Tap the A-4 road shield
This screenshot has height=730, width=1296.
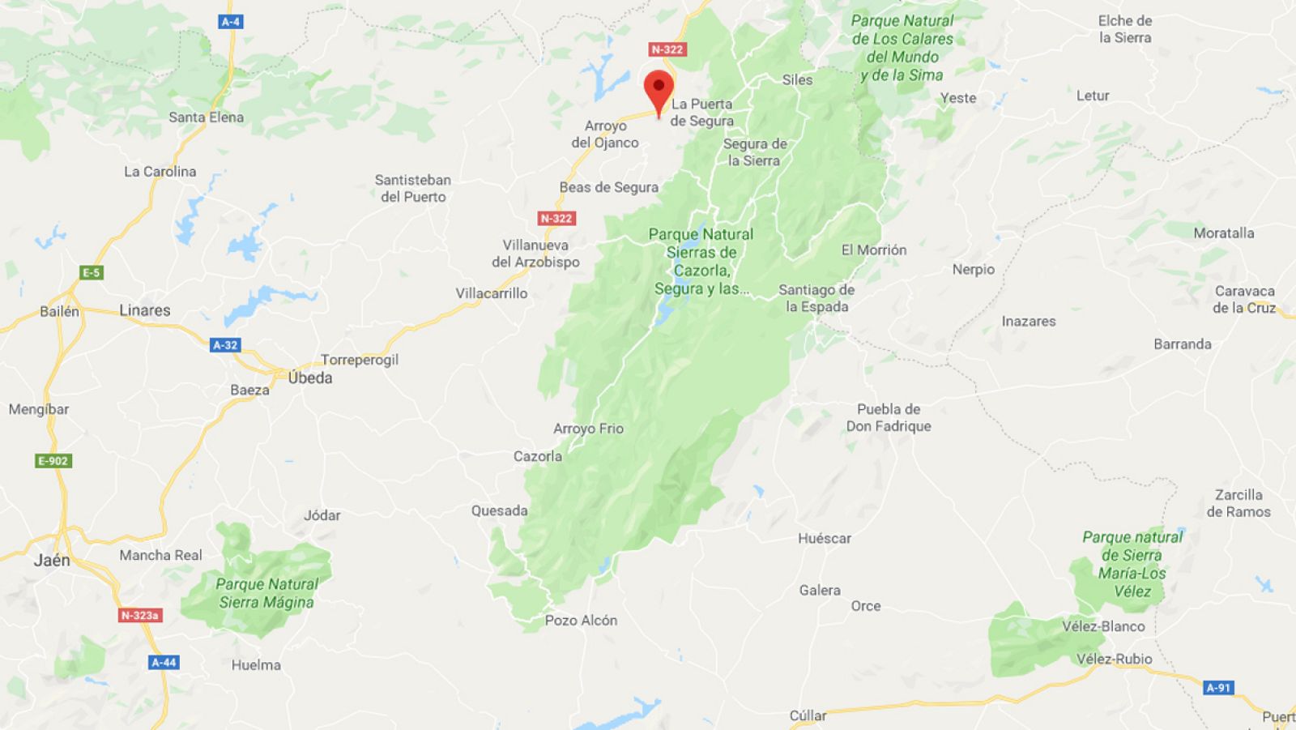coord(231,22)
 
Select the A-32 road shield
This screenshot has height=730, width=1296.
coord(225,345)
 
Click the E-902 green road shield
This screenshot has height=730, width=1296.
coord(53,461)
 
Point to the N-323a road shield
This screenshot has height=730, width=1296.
coord(140,616)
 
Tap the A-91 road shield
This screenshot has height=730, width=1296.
coord(1218,688)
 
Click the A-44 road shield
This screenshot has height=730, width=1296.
coord(164,662)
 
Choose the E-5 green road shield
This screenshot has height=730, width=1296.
coord(92,273)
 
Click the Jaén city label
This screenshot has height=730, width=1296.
coord(52,560)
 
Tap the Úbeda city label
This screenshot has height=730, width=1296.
coord(310,378)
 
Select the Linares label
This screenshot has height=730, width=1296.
coord(145,310)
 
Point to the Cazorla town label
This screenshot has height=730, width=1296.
coord(538,456)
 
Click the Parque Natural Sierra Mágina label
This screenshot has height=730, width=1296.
coord(266,593)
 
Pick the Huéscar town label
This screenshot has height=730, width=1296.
coord(825,538)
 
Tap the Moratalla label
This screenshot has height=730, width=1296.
coord(1223,233)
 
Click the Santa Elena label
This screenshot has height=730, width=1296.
coord(206,117)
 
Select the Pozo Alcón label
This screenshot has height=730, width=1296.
coord(581,621)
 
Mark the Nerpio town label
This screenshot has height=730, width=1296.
coord(973,269)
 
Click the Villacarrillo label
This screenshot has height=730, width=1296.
coord(491,293)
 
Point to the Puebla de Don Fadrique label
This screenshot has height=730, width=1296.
coord(889,417)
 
